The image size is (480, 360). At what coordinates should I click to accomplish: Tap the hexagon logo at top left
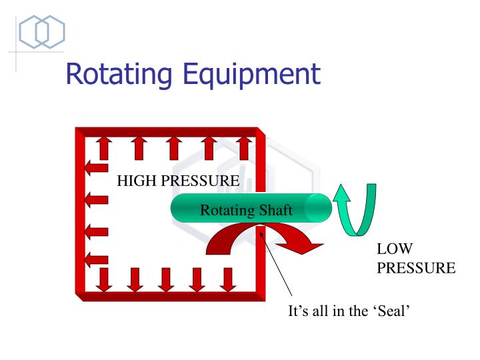click(41, 31)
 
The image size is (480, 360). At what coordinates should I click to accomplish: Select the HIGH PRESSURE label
click(178, 180)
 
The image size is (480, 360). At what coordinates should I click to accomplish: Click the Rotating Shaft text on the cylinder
click(246, 211)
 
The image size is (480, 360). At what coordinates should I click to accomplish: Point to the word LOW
click(395, 249)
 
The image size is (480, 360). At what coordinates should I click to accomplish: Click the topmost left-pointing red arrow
click(96, 167)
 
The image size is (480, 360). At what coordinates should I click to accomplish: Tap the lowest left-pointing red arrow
click(96, 260)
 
